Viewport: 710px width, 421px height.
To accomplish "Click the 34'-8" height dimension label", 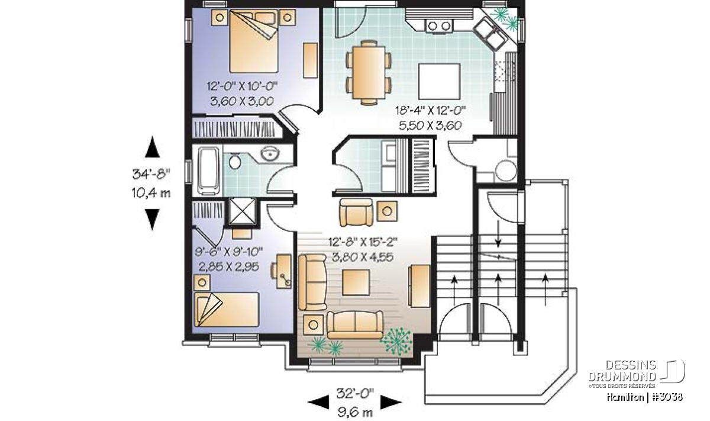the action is (x=151, y=174).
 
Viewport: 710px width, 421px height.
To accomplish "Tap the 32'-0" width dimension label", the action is (x=355, y=394).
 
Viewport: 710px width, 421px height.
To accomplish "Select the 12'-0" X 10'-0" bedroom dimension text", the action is (x=242, y=86).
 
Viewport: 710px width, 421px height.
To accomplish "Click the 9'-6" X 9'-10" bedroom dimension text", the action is (x=229, y=252).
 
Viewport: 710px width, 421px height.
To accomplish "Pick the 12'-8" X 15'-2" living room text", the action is (x=363, y=242).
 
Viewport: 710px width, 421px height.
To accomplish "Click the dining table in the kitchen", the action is (x=369, y=72).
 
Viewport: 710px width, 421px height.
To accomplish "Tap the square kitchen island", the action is (x=439, y=82).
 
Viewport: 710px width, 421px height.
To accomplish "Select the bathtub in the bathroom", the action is (x=208, y=171).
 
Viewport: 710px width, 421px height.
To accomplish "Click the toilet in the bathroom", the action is (x=234, y=162).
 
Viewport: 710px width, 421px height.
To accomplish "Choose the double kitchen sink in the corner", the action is (x=490, y=33).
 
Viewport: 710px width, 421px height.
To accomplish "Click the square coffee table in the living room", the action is (x=356, y=282).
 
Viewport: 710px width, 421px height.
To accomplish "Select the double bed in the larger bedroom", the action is (x=254, y=41).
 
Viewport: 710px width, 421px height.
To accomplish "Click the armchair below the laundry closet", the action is (x=356, y=212).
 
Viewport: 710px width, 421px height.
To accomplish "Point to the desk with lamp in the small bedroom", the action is (x=282, y=271).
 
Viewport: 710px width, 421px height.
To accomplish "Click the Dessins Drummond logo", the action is (x=637, y=374).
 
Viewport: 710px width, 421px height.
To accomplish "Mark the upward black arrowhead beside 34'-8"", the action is (x=152, y=147).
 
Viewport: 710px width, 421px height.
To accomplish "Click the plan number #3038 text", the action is (x=667, y=397).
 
